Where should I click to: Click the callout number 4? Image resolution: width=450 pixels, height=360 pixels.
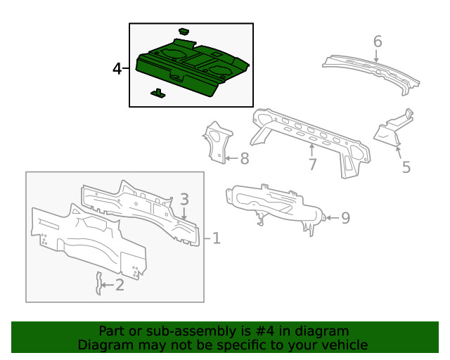pyautogui.click(x=117, y=69)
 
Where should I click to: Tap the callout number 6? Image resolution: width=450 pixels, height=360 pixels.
pyautogui.click(x=377, y=42)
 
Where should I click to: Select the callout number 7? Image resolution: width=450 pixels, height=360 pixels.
pyautogui.click(x=312, y=164)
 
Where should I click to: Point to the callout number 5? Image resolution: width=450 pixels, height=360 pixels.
pyautogui.click(x=406, y=167)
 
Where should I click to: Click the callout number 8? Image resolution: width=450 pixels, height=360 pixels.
pyautogui.click(x=244, y=159)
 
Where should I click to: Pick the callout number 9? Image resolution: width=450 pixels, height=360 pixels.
pyautogui.click(x=345, y=218)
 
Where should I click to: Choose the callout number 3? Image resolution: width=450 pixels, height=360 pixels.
pyautogui.click(x=184, y=199)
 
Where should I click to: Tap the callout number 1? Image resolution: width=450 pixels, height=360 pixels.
pyautogui.click(x=216, y=239)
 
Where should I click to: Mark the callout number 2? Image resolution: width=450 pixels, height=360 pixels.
pyautogui.click(x=119, y=285)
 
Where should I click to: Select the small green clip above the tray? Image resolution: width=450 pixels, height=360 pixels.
pyautogui.click(x=184, y=31)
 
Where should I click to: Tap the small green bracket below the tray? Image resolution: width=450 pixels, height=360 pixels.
pyautogui.click(x=158, y=93)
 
